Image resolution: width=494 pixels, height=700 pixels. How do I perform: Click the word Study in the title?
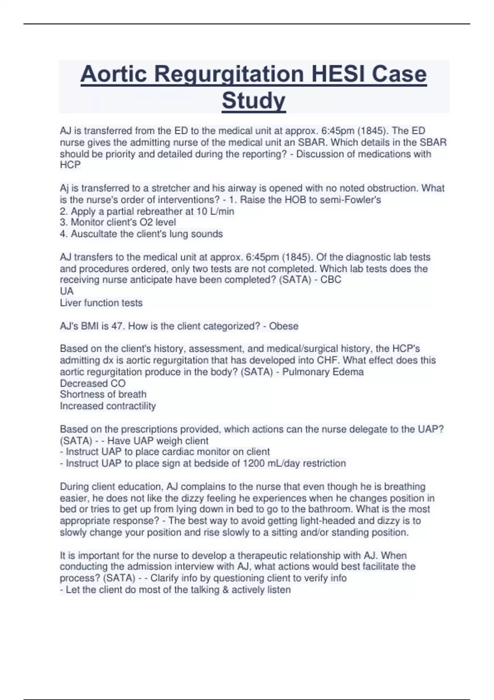pyautogui.click(x=254, y=100)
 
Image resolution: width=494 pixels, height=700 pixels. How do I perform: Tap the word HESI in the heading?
pyautogui.click(x=339, y=74)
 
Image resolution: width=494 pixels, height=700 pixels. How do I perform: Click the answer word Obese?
pyautogui.click(x=284, y=326)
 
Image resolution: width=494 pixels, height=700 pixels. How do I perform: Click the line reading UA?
pyautogui.click(x=67, y=291)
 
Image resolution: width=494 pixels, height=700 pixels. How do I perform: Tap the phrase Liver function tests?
pyautogui.click(x=101, y=303)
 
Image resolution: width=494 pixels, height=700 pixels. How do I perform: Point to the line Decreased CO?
pyautogui.click(x=93, y=383)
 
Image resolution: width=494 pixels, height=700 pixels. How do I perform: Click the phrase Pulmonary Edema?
pyautogui.click(x=323, y=372)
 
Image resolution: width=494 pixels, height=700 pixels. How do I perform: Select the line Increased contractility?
pyautogui.click(x=108, y=406)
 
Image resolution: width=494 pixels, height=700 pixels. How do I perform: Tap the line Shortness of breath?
pyautogui.click(x=103, y=394)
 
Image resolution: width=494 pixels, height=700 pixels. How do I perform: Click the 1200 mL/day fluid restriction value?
pyautogui.click(x=270, y=463)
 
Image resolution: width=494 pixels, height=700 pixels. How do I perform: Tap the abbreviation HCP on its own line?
pyautogui.click(x=70, y=165)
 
